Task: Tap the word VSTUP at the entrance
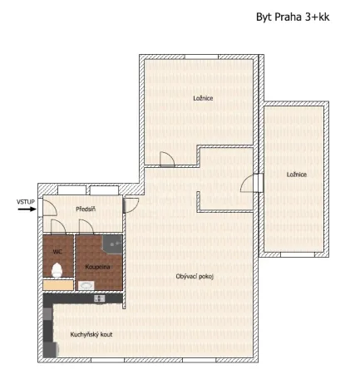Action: (x=25, y=200)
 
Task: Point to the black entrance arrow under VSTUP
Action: (x=25, y=209)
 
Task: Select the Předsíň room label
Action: (x=86, y=209)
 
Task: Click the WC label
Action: (x=57, y=250)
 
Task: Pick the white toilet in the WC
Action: (x=57, y=268)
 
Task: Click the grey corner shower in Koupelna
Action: (x=114, y=243)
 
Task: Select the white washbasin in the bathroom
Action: (x=86, y=284)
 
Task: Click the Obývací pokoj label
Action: (x=195, y=276)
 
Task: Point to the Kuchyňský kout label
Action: (x=91, y=333)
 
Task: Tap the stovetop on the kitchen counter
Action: (x=100, y=298)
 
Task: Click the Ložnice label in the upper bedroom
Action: (x=203, y=98)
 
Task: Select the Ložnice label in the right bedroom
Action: (x=297, y=175)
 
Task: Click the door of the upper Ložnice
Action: (x=166, y=159)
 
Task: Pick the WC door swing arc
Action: (x=58, y=227)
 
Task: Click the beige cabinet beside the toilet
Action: (x=57, y=284)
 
